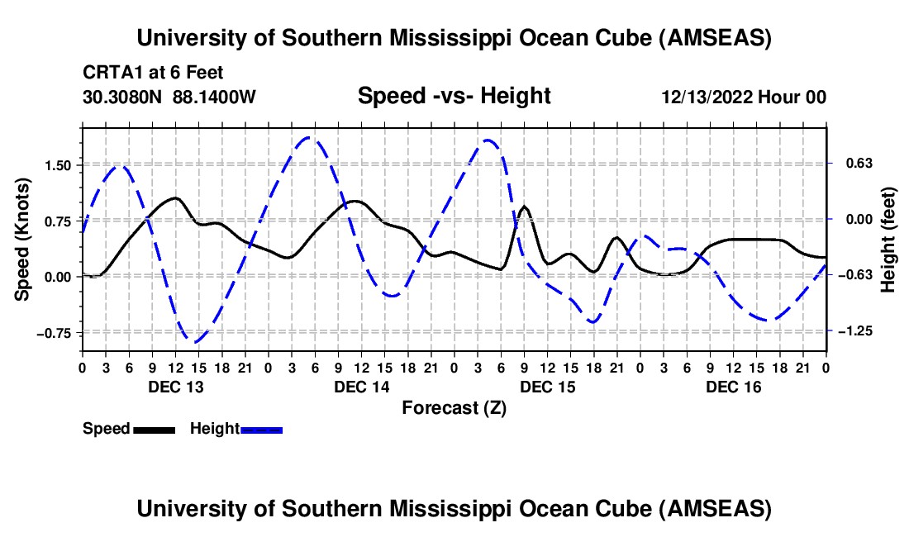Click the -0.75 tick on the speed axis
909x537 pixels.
58,333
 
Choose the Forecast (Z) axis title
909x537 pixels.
454,407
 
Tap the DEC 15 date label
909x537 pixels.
547,387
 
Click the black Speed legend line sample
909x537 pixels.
153,430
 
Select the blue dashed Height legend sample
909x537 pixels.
261,430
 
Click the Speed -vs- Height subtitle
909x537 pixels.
454,96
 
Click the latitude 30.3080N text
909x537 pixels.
124,97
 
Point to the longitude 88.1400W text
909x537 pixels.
215,97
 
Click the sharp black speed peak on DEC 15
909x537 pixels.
524,207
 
